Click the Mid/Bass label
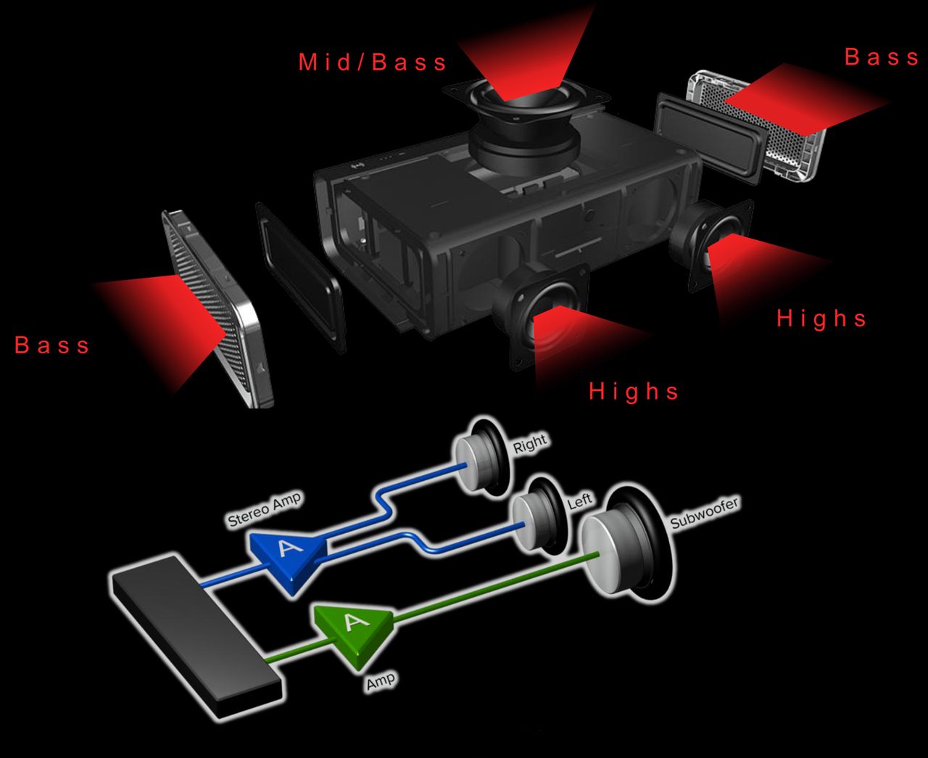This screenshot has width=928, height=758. (x=372, y=62)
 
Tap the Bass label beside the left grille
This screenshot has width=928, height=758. (x=52, y=345)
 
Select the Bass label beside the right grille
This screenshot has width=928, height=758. (x=882, y=57)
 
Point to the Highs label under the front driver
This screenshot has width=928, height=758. (x=634, y=391)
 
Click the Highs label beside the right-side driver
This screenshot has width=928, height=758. (x=821, y=318)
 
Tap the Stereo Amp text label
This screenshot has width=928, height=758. (x=265, y=509)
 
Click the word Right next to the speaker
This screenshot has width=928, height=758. (x=530, y=443)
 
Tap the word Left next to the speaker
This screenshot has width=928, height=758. (x=580, y=501)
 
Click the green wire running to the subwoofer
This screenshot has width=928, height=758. (x=496, y=589)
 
